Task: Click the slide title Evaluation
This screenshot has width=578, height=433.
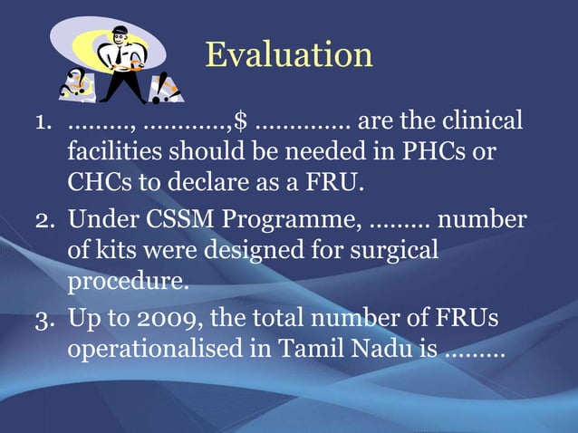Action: pyautogui.click(x=288, y=54)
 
